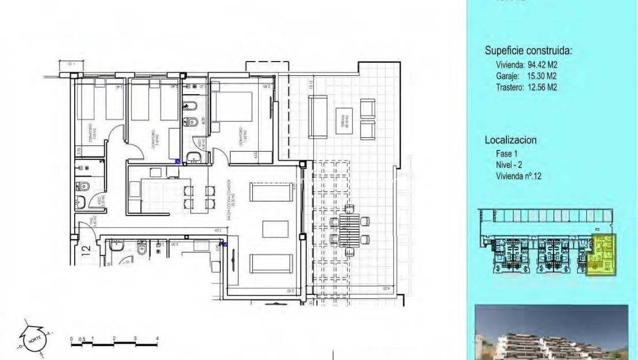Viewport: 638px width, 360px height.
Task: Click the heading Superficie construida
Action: pos(529,51)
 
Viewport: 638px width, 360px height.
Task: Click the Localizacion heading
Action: pos(510,140)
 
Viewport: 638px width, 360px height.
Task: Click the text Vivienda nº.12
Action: pos(518,177)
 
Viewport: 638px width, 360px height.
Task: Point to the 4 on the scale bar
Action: pos(157,339)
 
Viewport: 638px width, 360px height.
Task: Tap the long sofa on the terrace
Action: pos(318,117)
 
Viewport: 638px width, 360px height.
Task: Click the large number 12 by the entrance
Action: pos(86,250)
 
